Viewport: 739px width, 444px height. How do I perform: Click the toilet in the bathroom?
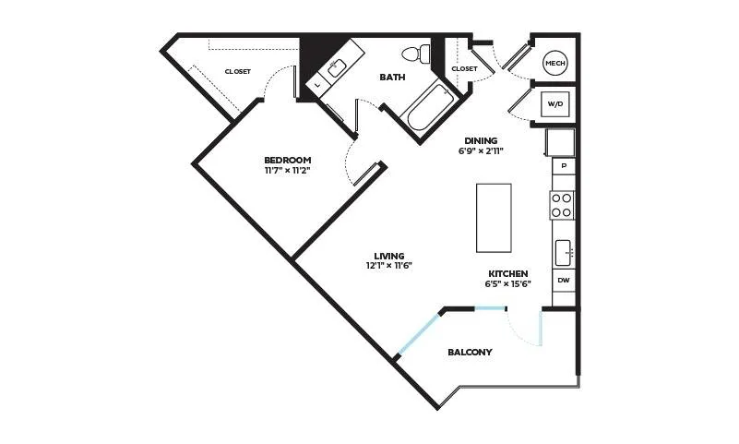click(x=417, y=53)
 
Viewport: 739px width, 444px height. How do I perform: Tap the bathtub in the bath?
click(x=431, y=107)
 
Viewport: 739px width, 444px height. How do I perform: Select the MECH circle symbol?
click(x=554, y=63)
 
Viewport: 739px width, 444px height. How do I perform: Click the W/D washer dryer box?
click(x=555, y=103)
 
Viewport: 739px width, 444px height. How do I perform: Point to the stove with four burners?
click(x=562, y=206)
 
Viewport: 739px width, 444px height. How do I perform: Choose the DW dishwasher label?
click(x=564, y=280)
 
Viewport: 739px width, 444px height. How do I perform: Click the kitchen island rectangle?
click(x=494, y=218)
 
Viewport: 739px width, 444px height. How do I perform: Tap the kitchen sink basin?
click(x=563, y=253)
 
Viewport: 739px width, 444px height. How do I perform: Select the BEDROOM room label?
click(x=288, y=160)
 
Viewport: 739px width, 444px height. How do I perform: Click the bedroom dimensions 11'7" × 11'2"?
click(x=288, y=170)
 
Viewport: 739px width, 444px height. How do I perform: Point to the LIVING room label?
click(x=389, y=256)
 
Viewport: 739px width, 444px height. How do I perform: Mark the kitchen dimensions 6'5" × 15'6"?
click(x=508, y=283)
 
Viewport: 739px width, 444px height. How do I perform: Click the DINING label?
click(x=481, y=140)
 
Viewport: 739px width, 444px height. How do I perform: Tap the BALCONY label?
click(x=470, y=352)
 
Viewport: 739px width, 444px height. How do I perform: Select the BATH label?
click(x=392, y=77)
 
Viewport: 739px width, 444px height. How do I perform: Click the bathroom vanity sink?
click(x=336, y=68)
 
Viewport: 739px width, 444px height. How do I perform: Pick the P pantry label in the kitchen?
click(x=564, y=166)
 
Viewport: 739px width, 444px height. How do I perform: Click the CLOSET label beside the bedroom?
click(x=237, y=72)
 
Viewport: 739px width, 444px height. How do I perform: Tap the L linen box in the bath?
click(x=317, y=85)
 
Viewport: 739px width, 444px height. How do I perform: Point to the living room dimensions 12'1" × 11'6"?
click(x=389, y=266)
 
